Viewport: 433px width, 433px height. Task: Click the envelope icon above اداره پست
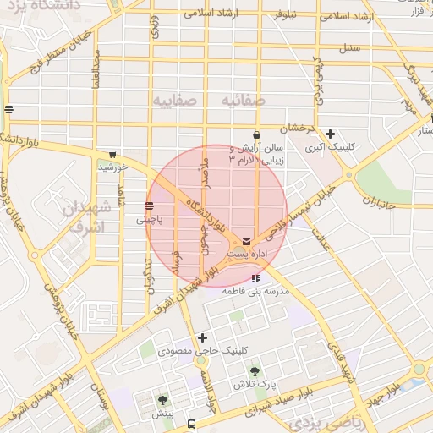tap(246, 241)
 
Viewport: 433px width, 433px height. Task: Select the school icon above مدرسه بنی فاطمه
tap(255, 278)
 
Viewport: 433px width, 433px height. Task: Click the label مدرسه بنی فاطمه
tap(255, 290)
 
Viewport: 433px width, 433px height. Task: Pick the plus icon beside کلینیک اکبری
tap(330, 134)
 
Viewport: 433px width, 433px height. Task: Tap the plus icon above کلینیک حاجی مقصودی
tap(202, 337)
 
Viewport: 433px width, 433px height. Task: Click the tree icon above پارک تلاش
tap(254, 370)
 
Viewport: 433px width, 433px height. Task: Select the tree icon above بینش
tap(162, 400)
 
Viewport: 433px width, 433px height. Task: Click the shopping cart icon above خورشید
tap(112, 155)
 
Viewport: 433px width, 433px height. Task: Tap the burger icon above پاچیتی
tap(149, 205)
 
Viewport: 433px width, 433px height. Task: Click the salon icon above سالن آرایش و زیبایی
tap(256, 134)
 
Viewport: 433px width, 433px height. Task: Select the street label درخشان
tap(298, 127)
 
